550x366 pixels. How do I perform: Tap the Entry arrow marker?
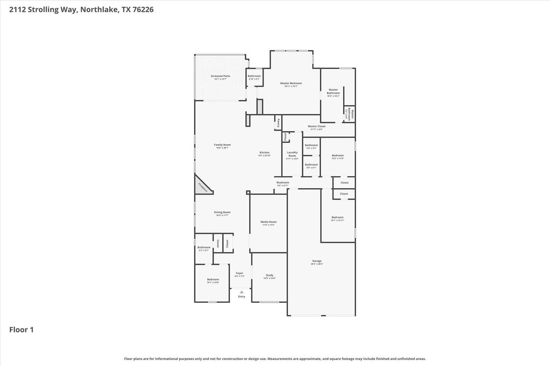[242, 291]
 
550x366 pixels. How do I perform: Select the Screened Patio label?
[220, 76]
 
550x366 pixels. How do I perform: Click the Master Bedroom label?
[291, 83]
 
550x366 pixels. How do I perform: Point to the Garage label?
[317, 261]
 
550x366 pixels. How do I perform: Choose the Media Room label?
[269, 222]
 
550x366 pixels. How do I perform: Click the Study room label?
[269, 275]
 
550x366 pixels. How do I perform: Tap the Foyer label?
[240, 273]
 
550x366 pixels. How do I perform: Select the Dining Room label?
[222, 212]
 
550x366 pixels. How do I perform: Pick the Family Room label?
[222, 145]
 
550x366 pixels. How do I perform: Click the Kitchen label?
[264, 152]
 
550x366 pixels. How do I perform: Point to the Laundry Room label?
[292, 154]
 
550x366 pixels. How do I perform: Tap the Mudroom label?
[283, 183]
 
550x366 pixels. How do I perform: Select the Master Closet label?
[317, 126]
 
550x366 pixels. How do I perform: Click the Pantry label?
[278, 123]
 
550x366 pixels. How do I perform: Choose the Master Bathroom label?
[333, 91]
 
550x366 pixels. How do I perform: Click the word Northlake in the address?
[98, 9]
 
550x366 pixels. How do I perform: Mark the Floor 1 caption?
[22, 329]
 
